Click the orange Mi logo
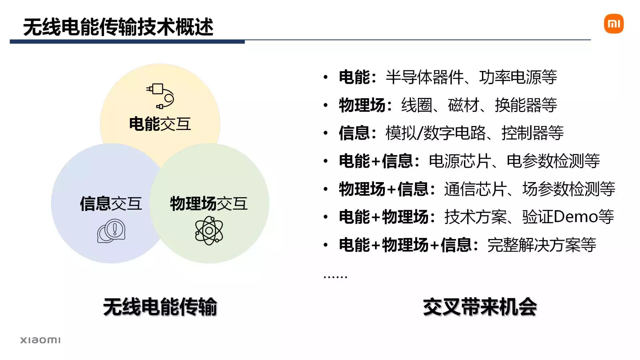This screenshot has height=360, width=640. click(x=614, y=24)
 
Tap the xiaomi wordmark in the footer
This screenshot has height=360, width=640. click(x=40, y=340)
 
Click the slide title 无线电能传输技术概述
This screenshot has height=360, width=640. click(x=118, y=27)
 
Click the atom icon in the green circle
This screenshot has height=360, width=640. click(x=209, y=230)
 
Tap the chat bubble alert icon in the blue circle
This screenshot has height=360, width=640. click(x=111, y=231)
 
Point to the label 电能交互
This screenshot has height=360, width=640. click(x=160, y=124)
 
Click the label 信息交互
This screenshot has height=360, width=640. click(x=111, y=203)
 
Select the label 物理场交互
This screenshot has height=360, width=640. click(x=209, y=203)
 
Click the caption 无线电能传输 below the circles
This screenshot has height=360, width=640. click(x=160, y=307)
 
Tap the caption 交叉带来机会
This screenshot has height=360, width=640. click(x=480, y=307)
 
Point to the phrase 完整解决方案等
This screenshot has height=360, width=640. click(x=541, y=245)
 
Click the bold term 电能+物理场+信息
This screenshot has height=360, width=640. click(x=405, y=245)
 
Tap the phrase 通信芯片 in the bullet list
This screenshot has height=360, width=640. click(x=475, y=189)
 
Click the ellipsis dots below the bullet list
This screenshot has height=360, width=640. click(x=335, y=276)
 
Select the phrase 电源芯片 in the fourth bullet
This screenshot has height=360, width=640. click(x=460, y=161)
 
